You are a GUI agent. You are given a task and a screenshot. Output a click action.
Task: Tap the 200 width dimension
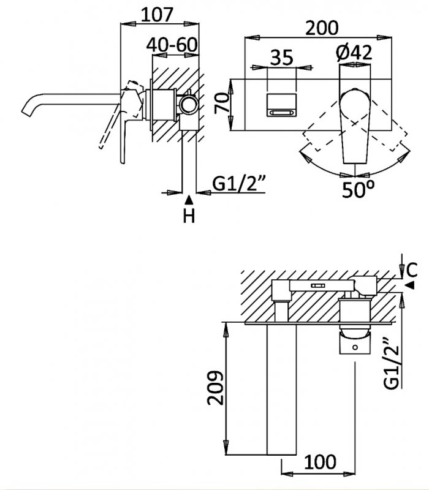323,27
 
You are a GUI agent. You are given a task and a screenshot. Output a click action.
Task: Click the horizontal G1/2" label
235,184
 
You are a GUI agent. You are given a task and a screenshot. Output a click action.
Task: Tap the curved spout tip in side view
28,111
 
